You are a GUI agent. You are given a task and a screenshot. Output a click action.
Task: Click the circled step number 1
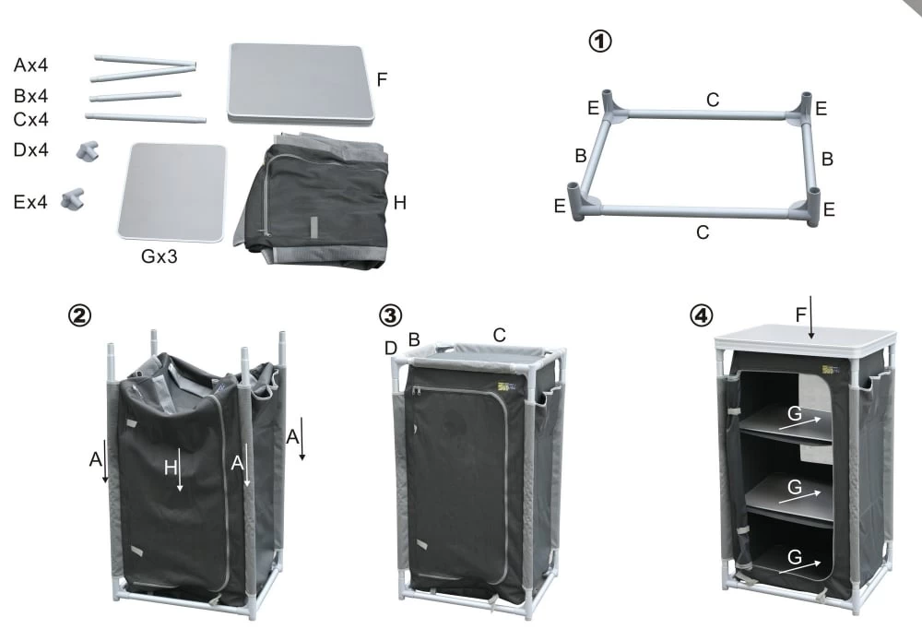pos(600,42)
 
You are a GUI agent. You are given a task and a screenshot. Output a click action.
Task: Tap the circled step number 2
pos(79,315)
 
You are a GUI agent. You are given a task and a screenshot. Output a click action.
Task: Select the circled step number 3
pos(390,315)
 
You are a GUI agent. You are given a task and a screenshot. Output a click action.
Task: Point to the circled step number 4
pos(701,315)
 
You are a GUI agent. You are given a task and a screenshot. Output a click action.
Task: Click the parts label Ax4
pos(30,65)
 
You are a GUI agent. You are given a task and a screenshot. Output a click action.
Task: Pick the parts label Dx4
pos(30,150)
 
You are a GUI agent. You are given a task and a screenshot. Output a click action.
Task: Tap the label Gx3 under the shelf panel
pos(159,256)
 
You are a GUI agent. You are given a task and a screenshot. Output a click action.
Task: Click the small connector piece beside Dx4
pos(88,151)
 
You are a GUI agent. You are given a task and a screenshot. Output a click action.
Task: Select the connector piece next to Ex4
pos(73,199)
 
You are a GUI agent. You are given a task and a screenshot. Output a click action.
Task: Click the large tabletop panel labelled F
pos(301,84)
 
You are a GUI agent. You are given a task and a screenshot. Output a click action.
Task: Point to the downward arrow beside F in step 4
pos(811,318)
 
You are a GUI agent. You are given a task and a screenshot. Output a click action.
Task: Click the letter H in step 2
pos(171,468)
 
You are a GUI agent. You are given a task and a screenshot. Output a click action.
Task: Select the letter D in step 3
pos(390,349)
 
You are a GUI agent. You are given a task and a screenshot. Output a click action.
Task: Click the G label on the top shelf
pos(795,413)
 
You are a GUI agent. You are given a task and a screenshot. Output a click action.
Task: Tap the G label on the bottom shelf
pos(795,557)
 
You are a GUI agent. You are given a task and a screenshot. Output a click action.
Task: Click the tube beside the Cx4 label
pos(146,118)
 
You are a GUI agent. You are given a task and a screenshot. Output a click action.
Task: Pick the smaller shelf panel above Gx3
pos(171,192)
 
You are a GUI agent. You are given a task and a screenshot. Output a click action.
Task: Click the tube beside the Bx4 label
pos(136,97)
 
